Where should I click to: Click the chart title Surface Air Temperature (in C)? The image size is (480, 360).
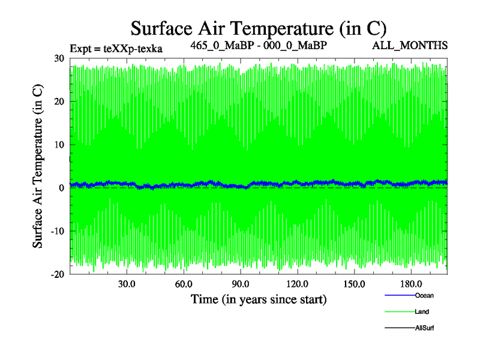click(258, 28)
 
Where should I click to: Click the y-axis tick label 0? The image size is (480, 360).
click(62, 188)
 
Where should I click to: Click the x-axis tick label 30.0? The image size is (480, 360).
click(127, 284)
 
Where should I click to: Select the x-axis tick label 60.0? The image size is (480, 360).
click(184, 284)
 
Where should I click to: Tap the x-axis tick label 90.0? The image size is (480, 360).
click(241, 284)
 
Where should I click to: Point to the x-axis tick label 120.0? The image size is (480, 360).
click(298, 284)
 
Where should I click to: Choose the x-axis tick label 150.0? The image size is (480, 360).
click(355, 284)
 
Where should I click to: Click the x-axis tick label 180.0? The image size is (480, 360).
click(412, 284)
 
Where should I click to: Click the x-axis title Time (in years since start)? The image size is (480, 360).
click(258, 299)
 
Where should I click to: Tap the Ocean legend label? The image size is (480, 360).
click(424, 295)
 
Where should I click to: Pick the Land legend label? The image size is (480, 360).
click(422, 312)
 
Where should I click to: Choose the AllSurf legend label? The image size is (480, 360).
click(424, 328)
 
